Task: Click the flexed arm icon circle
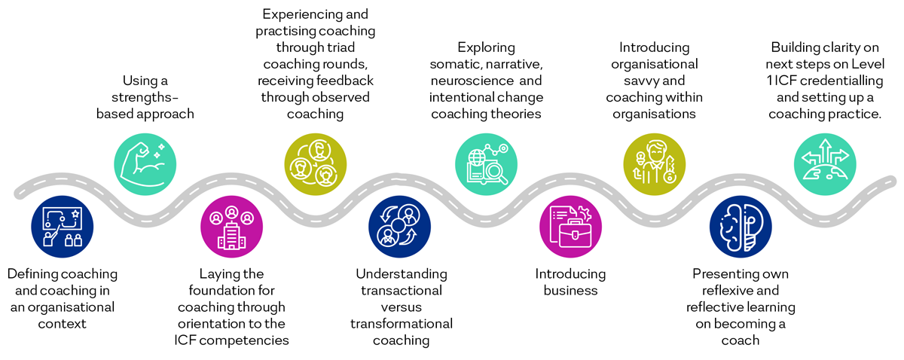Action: pos(145,162)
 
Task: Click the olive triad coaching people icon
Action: pos(315,162)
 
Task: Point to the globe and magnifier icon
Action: pos(486,162)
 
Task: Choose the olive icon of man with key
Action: pos(654,162)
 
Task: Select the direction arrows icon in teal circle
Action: pos(826,162)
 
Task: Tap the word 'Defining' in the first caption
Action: pos(32,274)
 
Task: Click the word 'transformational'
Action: pos(401,324)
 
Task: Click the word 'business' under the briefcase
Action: pos(570,291)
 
